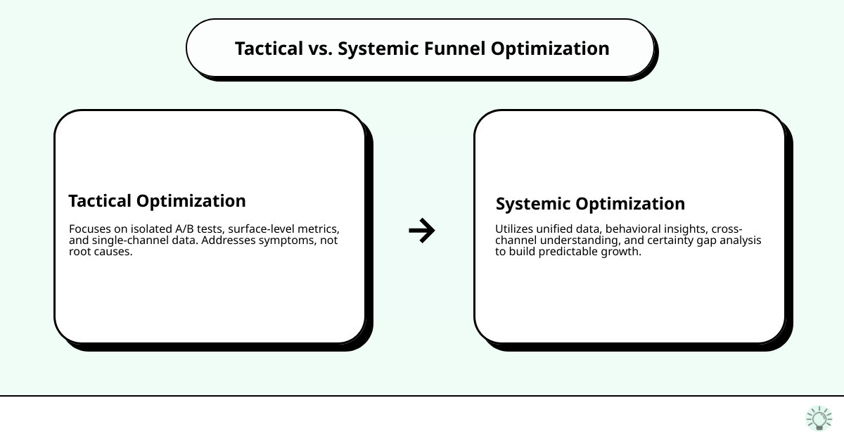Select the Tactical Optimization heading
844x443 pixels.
coord(157,201)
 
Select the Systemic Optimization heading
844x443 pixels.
coord(590,204)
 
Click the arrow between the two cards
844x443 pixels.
coord(422,230)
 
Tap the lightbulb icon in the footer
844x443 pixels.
coord(819,418)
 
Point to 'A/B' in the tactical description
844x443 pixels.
coord(186,229)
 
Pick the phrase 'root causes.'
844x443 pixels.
coord(101,252)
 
